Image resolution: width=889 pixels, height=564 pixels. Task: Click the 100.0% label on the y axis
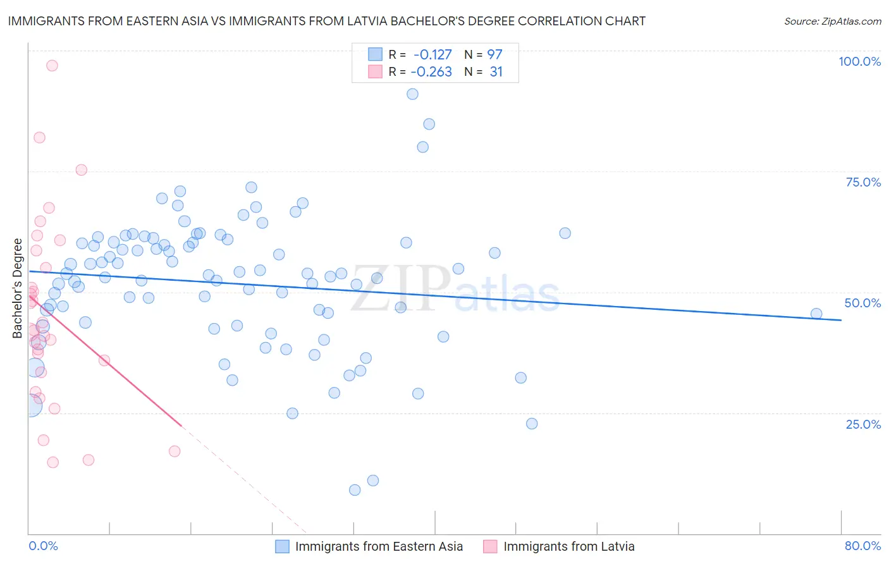(x=859, y=61)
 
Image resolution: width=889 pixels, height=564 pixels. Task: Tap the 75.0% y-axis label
(x=863, y=182)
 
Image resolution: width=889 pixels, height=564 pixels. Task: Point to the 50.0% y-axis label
(x=862, y=303)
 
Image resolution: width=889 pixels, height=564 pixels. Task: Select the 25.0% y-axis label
(x=863, y=424)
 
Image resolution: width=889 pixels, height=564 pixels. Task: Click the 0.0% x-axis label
(x=43, y=546)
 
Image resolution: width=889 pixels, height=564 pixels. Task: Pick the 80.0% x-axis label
(x=862, y=546)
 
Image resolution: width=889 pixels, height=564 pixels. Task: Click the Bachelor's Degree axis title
(x=18, y=288)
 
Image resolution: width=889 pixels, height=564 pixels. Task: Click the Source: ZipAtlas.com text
(x=832, y=21)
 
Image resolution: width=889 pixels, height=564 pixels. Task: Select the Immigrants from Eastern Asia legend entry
(x=370, y=546)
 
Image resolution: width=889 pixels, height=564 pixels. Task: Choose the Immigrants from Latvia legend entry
(x=560, y=546)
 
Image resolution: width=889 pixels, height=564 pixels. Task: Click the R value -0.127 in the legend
(x=432, y=55)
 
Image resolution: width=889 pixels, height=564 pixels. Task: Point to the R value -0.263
(x=431, y=72)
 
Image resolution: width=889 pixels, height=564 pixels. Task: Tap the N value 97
(x=494, y=55)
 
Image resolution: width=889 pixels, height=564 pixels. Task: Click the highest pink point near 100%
(x=52, y=65)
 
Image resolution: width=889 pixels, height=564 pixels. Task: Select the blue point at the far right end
(x=816, y=314)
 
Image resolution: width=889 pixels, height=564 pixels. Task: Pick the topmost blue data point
(x=412, y=94)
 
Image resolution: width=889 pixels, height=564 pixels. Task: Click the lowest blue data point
(x=355, y=490)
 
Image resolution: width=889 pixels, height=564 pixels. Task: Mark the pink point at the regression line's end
(x=175, y=451)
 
